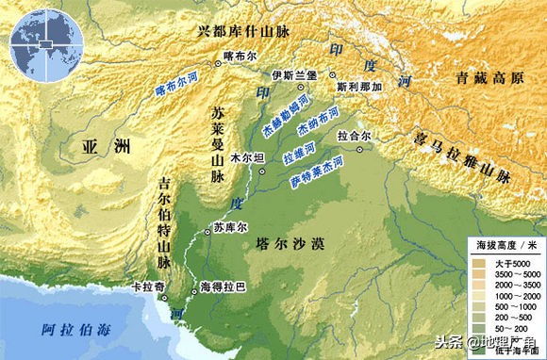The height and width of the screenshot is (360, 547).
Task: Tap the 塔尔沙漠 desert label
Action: (290, 244)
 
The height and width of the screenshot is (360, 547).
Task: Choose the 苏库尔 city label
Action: (227, 227)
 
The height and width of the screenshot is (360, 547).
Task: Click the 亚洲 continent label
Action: (97, 147)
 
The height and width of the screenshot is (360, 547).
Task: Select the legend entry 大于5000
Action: (509, 262)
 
